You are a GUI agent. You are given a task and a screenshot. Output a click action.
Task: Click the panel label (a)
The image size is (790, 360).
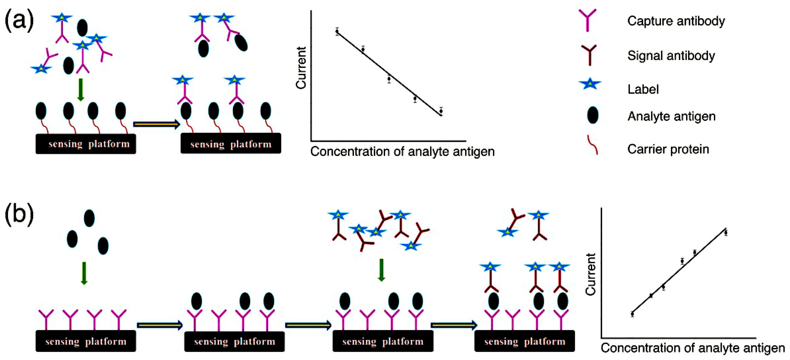pos(19,21)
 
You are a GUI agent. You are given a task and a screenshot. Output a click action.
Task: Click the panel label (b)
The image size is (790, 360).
pos(19,214)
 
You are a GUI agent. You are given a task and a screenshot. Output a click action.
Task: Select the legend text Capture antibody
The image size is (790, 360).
pos(676,21)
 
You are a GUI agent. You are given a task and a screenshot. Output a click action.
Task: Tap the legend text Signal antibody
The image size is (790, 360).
pos(671,56)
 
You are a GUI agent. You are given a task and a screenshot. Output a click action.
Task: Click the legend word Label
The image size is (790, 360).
pos(643,90)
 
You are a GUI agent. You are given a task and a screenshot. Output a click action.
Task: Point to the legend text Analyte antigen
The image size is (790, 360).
pos(671,117)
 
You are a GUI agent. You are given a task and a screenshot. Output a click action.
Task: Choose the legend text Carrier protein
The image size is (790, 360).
pos(668,149)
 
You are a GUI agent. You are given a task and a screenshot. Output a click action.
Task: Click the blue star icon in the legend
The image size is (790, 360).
pos(589,84)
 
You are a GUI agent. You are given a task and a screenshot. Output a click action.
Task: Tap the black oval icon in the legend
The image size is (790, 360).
pos(593,115)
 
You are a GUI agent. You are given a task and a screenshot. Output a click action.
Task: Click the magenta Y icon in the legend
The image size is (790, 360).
pos(587,20)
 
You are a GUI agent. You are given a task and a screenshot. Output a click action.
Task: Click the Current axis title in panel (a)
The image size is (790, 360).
pos(301,68)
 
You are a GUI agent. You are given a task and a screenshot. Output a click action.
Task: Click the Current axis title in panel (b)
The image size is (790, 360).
pos(591,274)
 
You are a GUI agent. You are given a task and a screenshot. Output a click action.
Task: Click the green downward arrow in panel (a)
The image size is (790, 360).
pos(81,90)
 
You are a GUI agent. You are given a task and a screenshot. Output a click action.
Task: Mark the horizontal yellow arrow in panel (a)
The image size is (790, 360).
pos(156,124)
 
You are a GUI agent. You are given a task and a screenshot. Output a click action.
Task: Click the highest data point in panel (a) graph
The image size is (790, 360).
pos(337,31)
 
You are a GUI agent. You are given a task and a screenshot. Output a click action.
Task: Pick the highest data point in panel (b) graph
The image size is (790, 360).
pos(726,233)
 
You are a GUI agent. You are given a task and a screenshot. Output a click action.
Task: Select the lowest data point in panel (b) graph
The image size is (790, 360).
pos(632,314)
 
